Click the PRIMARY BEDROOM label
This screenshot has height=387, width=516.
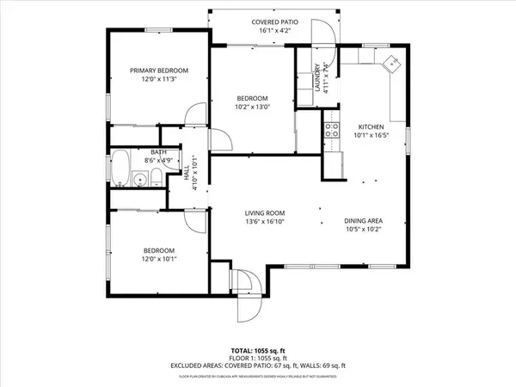159,71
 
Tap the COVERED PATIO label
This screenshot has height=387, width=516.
275,21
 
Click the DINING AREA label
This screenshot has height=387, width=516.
363,221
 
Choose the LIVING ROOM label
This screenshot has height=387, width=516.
264,213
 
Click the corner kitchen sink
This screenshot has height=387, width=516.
392,63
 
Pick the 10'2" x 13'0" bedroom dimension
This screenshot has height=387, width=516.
253,107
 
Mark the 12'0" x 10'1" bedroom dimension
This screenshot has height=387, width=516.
159,256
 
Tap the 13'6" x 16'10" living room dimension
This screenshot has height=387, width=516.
264,222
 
